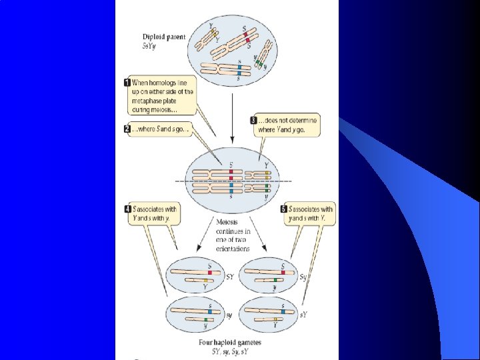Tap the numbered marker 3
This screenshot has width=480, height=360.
[x=254, y=120]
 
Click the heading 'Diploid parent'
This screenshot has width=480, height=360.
[x=164, y=37]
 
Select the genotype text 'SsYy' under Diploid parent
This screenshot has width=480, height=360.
[x=152, y=46]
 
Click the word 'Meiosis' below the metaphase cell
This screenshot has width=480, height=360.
[x=228, y=222]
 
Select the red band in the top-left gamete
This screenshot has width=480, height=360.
[x=209, y=272]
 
